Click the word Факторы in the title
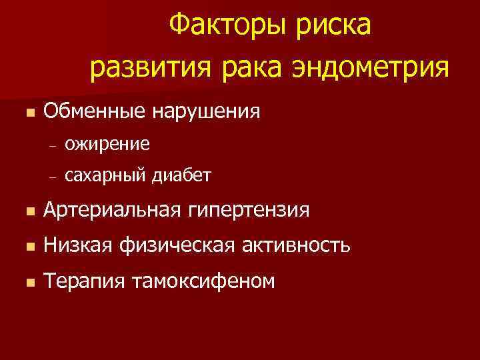click(x=223, y=27)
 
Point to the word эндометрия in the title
click(x=370, y=67)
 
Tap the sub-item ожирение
click(x=107, y=143)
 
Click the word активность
click(x=297, y=246)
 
